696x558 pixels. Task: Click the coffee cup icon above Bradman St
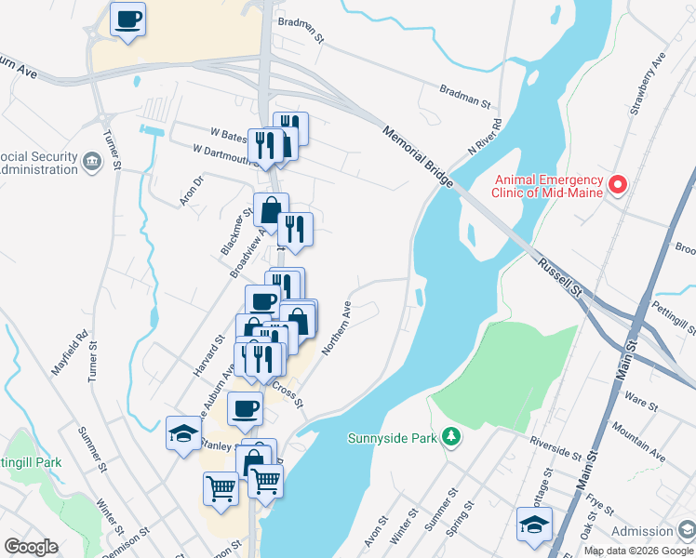[128, 19]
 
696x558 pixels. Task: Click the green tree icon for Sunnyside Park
[450, 435]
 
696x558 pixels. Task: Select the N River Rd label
[485, 137]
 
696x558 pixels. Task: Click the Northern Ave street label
[335, 327]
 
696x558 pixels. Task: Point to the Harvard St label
[209, 355]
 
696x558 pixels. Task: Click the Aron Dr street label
[191, 190]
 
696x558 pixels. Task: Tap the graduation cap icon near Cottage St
[534, 524]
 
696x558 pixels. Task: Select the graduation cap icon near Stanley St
[182, 432]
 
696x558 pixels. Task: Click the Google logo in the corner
[32, 547]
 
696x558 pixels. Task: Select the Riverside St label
[555, 452]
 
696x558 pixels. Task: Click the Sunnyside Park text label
[392, 438]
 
